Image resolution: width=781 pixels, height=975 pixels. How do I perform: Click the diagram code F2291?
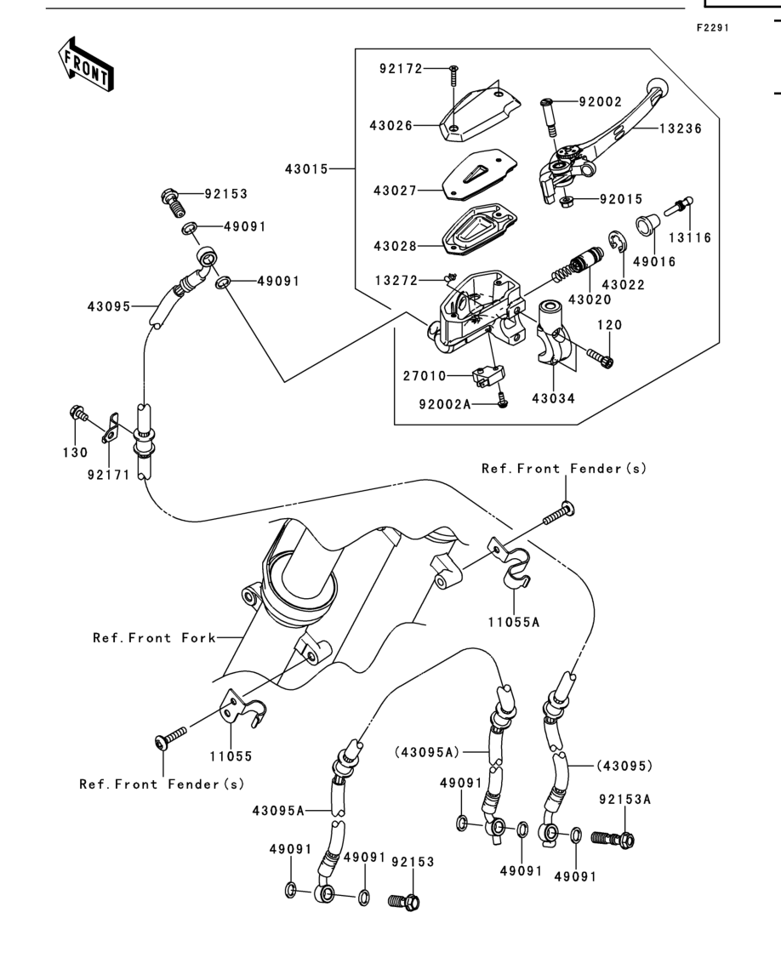[x=713, y=28]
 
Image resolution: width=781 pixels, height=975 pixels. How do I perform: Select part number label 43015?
[x=306, y=168]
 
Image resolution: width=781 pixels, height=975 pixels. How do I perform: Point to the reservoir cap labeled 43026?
[x=480, y=114]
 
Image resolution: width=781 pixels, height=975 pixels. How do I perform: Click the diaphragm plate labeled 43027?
[x=480, y=174]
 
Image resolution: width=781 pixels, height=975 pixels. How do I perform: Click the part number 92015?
[x=621, y=199]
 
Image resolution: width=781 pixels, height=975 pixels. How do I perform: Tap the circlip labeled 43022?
[x=616, y=242]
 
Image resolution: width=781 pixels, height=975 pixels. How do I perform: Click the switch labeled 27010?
[x=488, y=376]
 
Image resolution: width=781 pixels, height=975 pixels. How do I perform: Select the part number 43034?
[x=553, y=398]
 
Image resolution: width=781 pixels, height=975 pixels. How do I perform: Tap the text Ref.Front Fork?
[x=155, y=638]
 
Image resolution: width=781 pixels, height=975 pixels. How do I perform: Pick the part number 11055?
[x=231, y=756]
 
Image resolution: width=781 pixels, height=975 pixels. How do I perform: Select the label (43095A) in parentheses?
[x=426, y=752]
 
